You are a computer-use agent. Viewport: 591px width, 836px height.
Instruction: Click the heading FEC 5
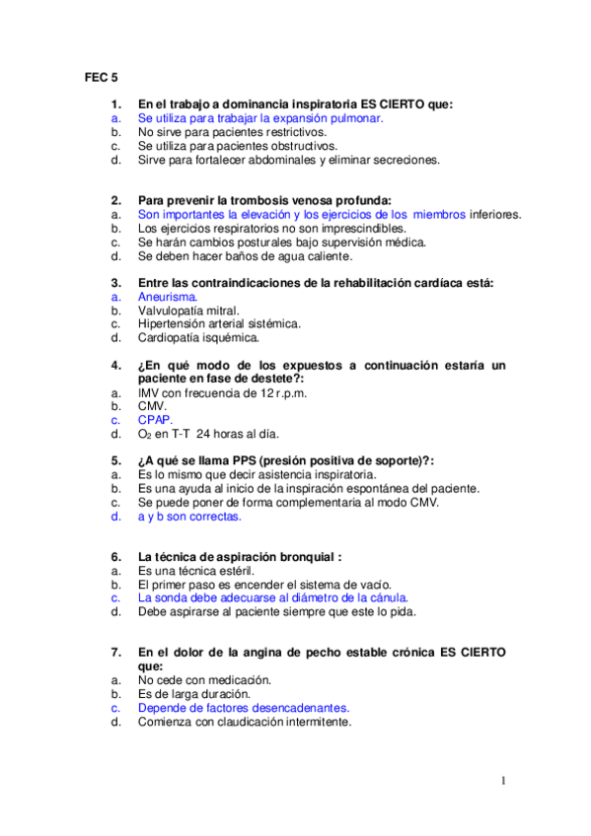click(x=100, y=76)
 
